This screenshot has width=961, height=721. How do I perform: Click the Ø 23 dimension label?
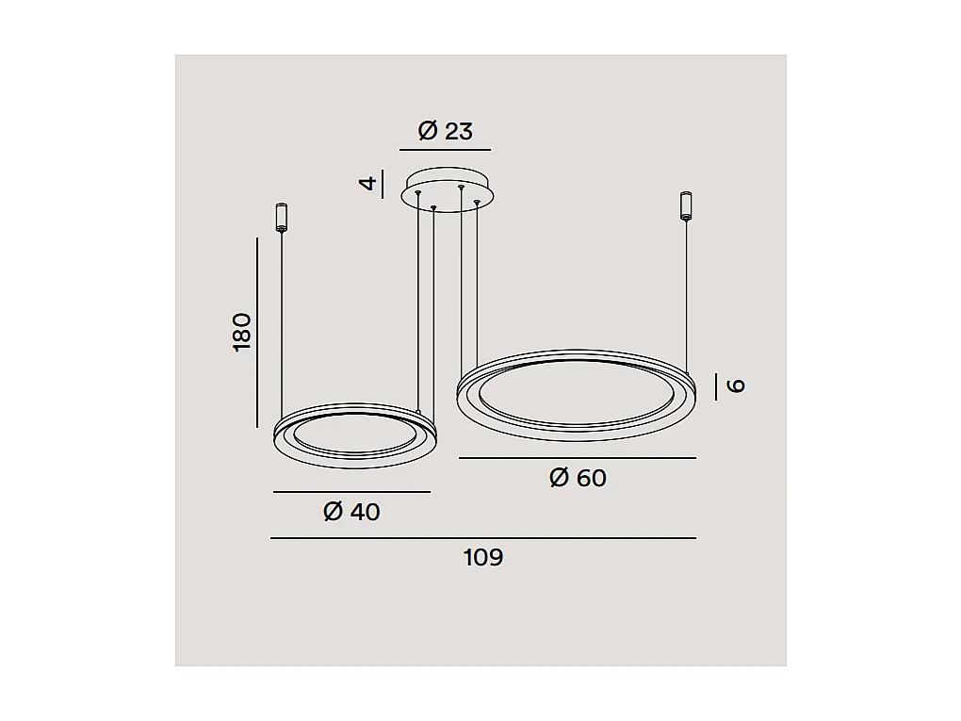[445, 131]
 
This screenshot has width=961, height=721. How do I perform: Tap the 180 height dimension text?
[242, 332]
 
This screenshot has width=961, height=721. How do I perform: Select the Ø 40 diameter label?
[351, 512]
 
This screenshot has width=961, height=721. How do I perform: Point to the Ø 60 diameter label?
[578, 478]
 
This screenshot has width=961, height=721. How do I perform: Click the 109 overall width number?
[483, 557]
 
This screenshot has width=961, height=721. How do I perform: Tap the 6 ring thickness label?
[737, 385]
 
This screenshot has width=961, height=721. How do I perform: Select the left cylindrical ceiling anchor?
[281, 217]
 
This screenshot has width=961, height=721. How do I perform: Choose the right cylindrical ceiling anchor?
[686, 205]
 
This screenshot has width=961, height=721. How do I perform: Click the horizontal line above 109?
[483, 538]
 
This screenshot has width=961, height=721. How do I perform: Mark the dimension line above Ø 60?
[578, 458]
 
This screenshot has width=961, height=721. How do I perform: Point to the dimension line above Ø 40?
[351, 492]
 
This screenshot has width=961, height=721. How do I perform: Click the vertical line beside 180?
[257, 332]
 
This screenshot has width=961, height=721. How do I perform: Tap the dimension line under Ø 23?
[445, 150]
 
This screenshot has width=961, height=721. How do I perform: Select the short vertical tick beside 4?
[383, 181]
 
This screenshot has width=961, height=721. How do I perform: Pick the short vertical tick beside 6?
[716, 385]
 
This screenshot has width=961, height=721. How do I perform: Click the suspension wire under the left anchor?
[282, 320]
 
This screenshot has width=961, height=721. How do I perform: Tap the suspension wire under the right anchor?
[687, 292]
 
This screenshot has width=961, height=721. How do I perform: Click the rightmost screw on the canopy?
[478, 201]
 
